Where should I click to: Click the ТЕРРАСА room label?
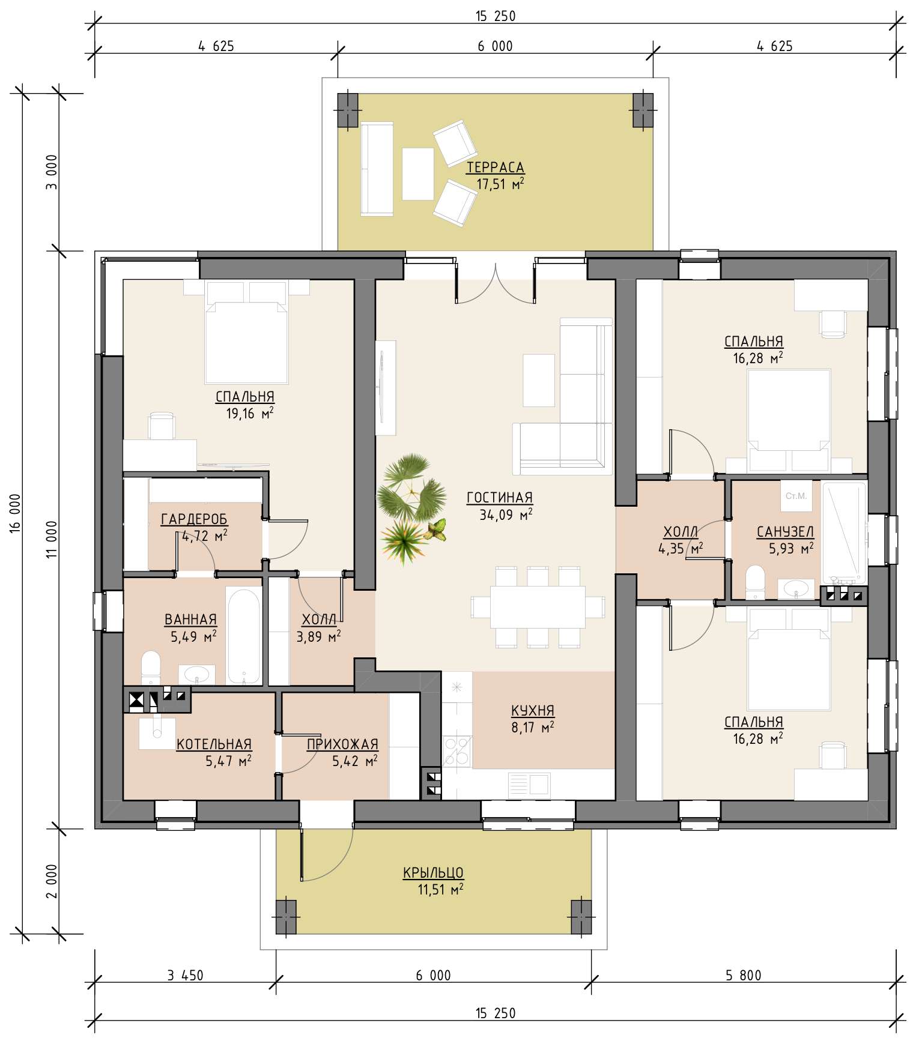click(x=496, y=167)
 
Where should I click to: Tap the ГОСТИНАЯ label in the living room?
click(x=499, y=498)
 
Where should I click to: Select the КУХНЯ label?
click(x=533, y=711)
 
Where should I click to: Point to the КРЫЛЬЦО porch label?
click(x=433, y=873)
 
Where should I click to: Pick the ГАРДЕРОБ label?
click(x=194, y=519)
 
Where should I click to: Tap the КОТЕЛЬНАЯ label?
click(x=214, y=744)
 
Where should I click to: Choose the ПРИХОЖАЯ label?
click(x=342, y=744)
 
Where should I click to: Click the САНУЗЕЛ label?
click(x=785, y=531)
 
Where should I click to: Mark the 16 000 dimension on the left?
click(x=16, y=512)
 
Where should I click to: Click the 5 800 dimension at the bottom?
click(x=743, y=976)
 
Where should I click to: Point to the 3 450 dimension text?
click(x=185, y=976)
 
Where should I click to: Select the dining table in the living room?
click(x=538, y=607)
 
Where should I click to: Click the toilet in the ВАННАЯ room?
click(x=151, y=668)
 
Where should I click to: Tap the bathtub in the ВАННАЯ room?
click(x=243, y=636)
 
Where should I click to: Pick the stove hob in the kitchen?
click(x=457, y=750)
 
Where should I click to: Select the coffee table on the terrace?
click(x=418, y=173)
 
